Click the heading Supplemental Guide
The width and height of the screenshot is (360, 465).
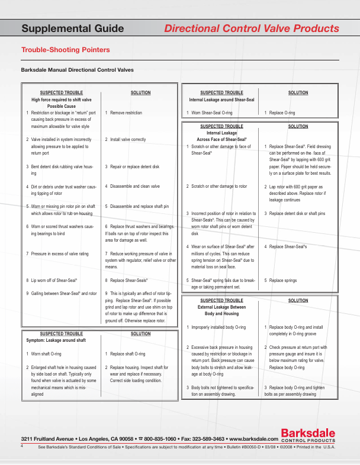(x=72, y=28)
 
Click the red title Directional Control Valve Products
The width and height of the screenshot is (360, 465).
(x=251, y=28)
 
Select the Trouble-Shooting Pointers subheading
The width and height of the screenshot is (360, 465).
(x=65, y=50)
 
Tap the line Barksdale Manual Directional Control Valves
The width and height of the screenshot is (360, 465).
(x=77, y=70)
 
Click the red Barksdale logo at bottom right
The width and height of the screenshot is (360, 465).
(x=307, y=437)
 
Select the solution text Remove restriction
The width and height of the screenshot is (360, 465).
(x=126, y=113)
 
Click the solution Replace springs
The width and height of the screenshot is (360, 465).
(x=284, y=280)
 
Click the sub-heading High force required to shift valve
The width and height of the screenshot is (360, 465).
(x=62, y=100)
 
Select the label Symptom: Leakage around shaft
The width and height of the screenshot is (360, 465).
(x=57, y=341)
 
